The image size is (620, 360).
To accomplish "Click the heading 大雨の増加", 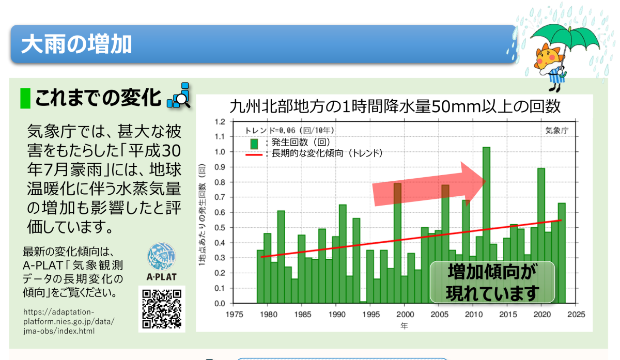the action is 76,44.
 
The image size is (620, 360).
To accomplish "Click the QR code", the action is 162,309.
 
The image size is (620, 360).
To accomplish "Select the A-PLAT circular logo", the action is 161,256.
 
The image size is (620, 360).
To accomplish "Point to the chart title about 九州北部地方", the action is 395,106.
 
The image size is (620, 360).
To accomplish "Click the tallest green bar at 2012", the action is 486,225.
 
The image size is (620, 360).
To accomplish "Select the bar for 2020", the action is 541,236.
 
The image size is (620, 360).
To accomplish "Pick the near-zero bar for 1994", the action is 363,302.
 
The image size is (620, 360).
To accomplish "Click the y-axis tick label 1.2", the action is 220,122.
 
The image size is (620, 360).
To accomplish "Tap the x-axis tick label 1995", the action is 371,315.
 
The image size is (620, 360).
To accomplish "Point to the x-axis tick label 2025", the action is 576,315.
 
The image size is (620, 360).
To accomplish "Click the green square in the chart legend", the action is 254,144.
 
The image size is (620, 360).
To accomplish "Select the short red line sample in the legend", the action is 254,154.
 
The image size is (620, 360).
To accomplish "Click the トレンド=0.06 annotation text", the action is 290,130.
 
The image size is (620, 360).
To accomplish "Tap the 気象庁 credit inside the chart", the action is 557,131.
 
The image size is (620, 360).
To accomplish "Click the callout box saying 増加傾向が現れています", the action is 492,282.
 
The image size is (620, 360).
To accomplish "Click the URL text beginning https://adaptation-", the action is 69,322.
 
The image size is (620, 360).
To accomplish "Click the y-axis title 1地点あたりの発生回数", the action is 202,215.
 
